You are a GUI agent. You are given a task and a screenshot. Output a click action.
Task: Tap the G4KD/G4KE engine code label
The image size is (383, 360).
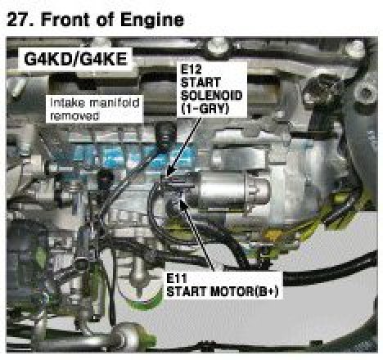click(75, 59)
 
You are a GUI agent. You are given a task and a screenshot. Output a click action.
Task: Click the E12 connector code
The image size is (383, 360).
click(191, 69)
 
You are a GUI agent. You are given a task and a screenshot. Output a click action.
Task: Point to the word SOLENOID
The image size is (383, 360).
click(212, 96)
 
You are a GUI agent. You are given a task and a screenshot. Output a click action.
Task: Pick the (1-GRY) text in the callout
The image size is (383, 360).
click(205, 109)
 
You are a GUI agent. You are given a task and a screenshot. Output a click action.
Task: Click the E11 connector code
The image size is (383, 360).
click(177, 278)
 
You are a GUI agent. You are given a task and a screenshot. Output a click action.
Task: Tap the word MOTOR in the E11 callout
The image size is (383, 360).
click(232, 291)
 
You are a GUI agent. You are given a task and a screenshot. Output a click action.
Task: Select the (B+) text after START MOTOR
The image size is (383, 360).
click(267, 291)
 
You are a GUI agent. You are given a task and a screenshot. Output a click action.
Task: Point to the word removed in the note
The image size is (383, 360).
click(74, 116)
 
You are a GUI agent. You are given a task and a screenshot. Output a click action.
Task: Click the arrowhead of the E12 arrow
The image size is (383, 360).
click(168, 173)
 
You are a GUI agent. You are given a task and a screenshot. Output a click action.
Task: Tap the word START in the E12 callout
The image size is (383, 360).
click(201, 82)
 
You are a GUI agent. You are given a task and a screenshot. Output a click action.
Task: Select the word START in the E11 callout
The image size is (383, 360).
click(187, 291)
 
